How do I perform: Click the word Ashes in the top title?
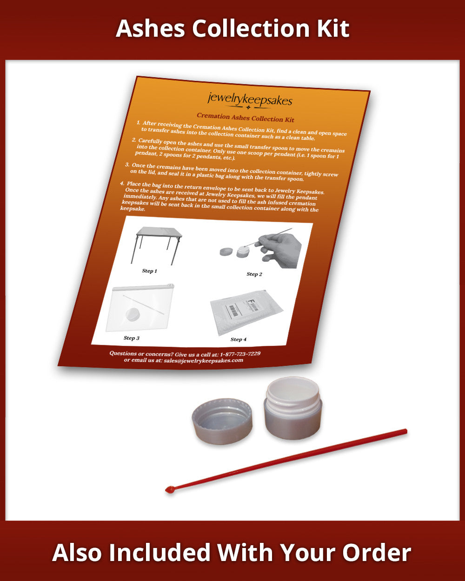(x=150, y=28)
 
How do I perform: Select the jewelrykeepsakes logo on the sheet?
(x=250, y=101)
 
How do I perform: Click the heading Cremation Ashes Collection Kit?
(x=246, y=117)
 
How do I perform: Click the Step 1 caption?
(x=149, y=271)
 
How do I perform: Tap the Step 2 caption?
(x=254, y=274)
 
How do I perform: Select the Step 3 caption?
(x=132, y=338)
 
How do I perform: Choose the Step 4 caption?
(x=238, y=339)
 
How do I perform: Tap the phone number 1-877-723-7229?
(x=240, y=354)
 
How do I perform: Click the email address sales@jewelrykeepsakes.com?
(x=204, y=360)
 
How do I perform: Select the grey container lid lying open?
(x=222, y=421)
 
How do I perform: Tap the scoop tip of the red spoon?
(x=169, y=489)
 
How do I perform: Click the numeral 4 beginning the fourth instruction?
(x=122, y=183)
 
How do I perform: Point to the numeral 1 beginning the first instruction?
(x=138, y=122)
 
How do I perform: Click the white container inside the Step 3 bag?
(x=133, y=314)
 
